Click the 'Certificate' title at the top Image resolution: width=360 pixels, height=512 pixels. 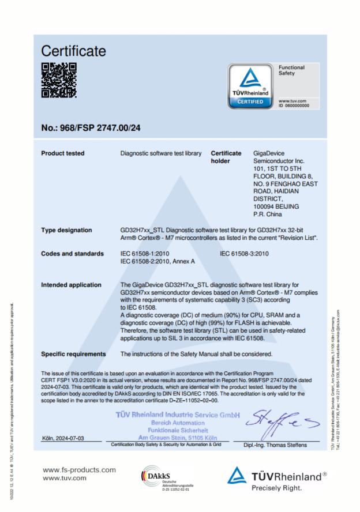(x=73, y=51)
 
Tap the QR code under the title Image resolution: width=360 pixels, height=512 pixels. (x=59, y=80)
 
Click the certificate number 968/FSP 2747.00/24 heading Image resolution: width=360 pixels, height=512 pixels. (x=91, y=128)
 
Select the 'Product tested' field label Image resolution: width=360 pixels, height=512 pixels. (x=62, y=153)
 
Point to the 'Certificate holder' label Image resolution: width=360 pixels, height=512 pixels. (x=226, y=157)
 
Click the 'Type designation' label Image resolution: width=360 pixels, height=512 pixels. (x=66, y=230)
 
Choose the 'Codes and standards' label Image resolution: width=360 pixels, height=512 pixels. (x=72, y=254)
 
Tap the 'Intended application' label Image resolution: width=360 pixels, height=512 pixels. (x=71, y=285)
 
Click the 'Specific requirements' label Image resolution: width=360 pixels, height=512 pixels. (x=73, y=353)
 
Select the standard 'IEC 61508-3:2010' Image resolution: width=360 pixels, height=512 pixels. (x=244, y=254)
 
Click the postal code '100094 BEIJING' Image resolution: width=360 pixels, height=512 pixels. (x=276, y=206)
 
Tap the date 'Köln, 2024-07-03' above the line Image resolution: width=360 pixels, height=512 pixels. (x=63, y=438)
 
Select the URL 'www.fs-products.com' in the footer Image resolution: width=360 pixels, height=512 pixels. (x=79, y=470)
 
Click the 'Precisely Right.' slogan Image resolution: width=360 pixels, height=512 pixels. (x=276, y=488)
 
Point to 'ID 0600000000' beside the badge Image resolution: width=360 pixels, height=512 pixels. (x=294, y=106)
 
